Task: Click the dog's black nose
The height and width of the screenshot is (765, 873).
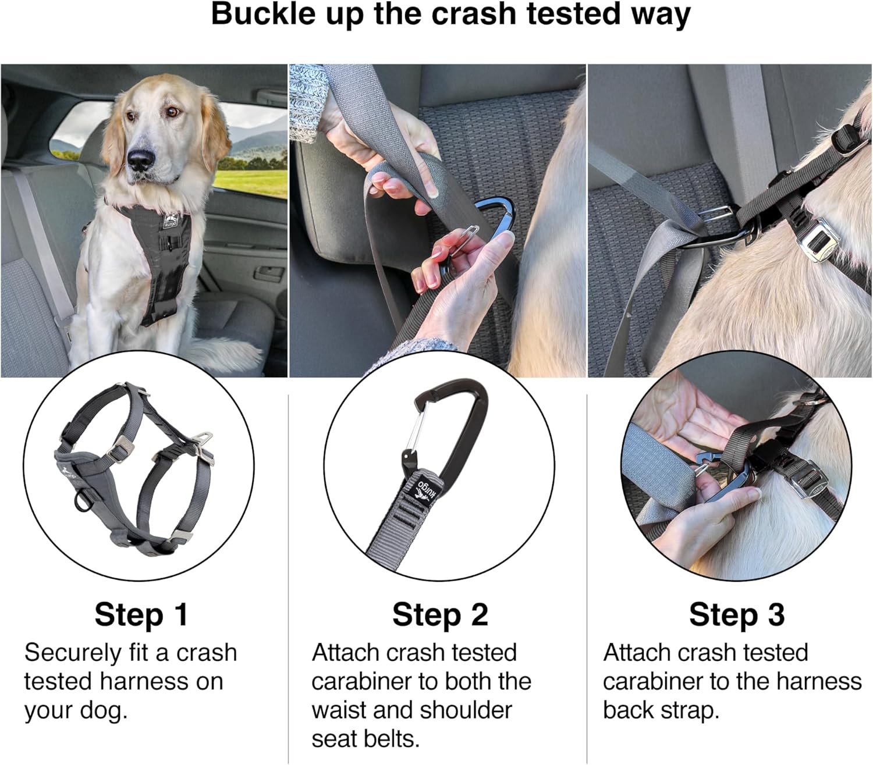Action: (141, 159)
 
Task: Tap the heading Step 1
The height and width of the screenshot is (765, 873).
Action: (141, 614)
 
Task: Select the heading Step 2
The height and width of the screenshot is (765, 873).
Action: (440, 614)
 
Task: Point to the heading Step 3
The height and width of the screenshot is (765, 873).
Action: (737, 614)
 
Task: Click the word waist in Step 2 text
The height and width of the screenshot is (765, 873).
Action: (338, 710)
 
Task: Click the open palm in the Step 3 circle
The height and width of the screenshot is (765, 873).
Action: (687, 410)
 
